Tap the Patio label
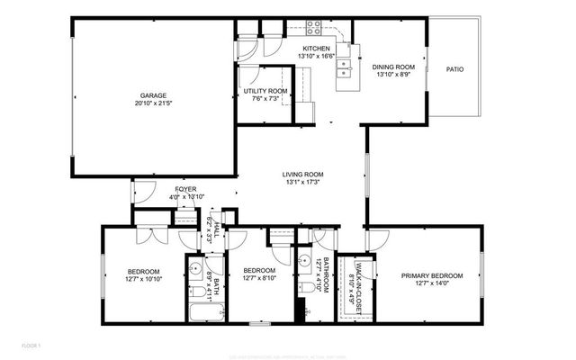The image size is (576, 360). pyautogui.click(x=455, y=69)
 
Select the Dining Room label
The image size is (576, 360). pyautogui.click(x=392, y=67)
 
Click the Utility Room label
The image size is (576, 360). pyautogui.click(x=265, y=91)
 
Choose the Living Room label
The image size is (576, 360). pyautogui.click(x=302, y=175)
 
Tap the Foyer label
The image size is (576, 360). pyautogui.click(x=186, y=189)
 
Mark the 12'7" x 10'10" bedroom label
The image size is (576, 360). pyautogui.click(x=143, y=279)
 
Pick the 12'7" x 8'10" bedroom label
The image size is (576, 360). pyautogui.click(x=259, y=279)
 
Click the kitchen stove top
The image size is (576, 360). pyautogui.click(x=315, y=29)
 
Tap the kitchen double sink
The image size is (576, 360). pyautogui.click(x=343, y=65)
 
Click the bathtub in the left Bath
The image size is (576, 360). pyautogui.click(x=206, y=315)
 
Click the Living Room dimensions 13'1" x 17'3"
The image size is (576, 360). pyautogui.click(x=302, y=183)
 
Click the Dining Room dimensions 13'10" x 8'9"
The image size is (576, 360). pyautogui.click(x=392, y=75)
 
